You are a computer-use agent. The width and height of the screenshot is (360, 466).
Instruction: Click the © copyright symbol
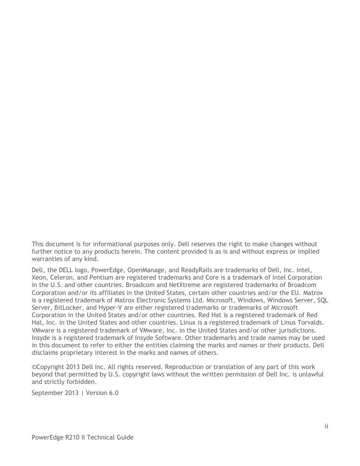click(x=34, y=366)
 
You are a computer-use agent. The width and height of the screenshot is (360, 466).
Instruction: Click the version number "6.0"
click(x=112, y=392)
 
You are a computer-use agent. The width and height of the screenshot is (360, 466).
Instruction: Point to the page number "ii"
click(x=327, y=425)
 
